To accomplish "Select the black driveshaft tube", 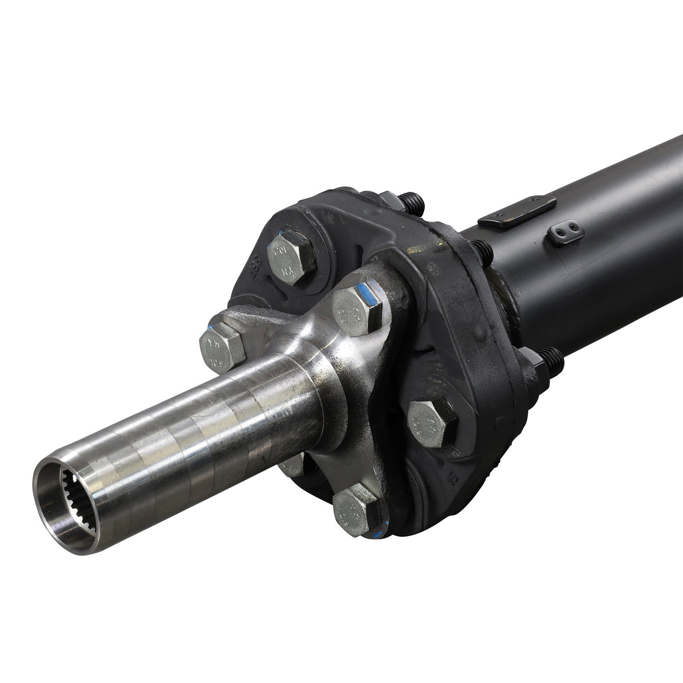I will [x=598, y=239].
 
